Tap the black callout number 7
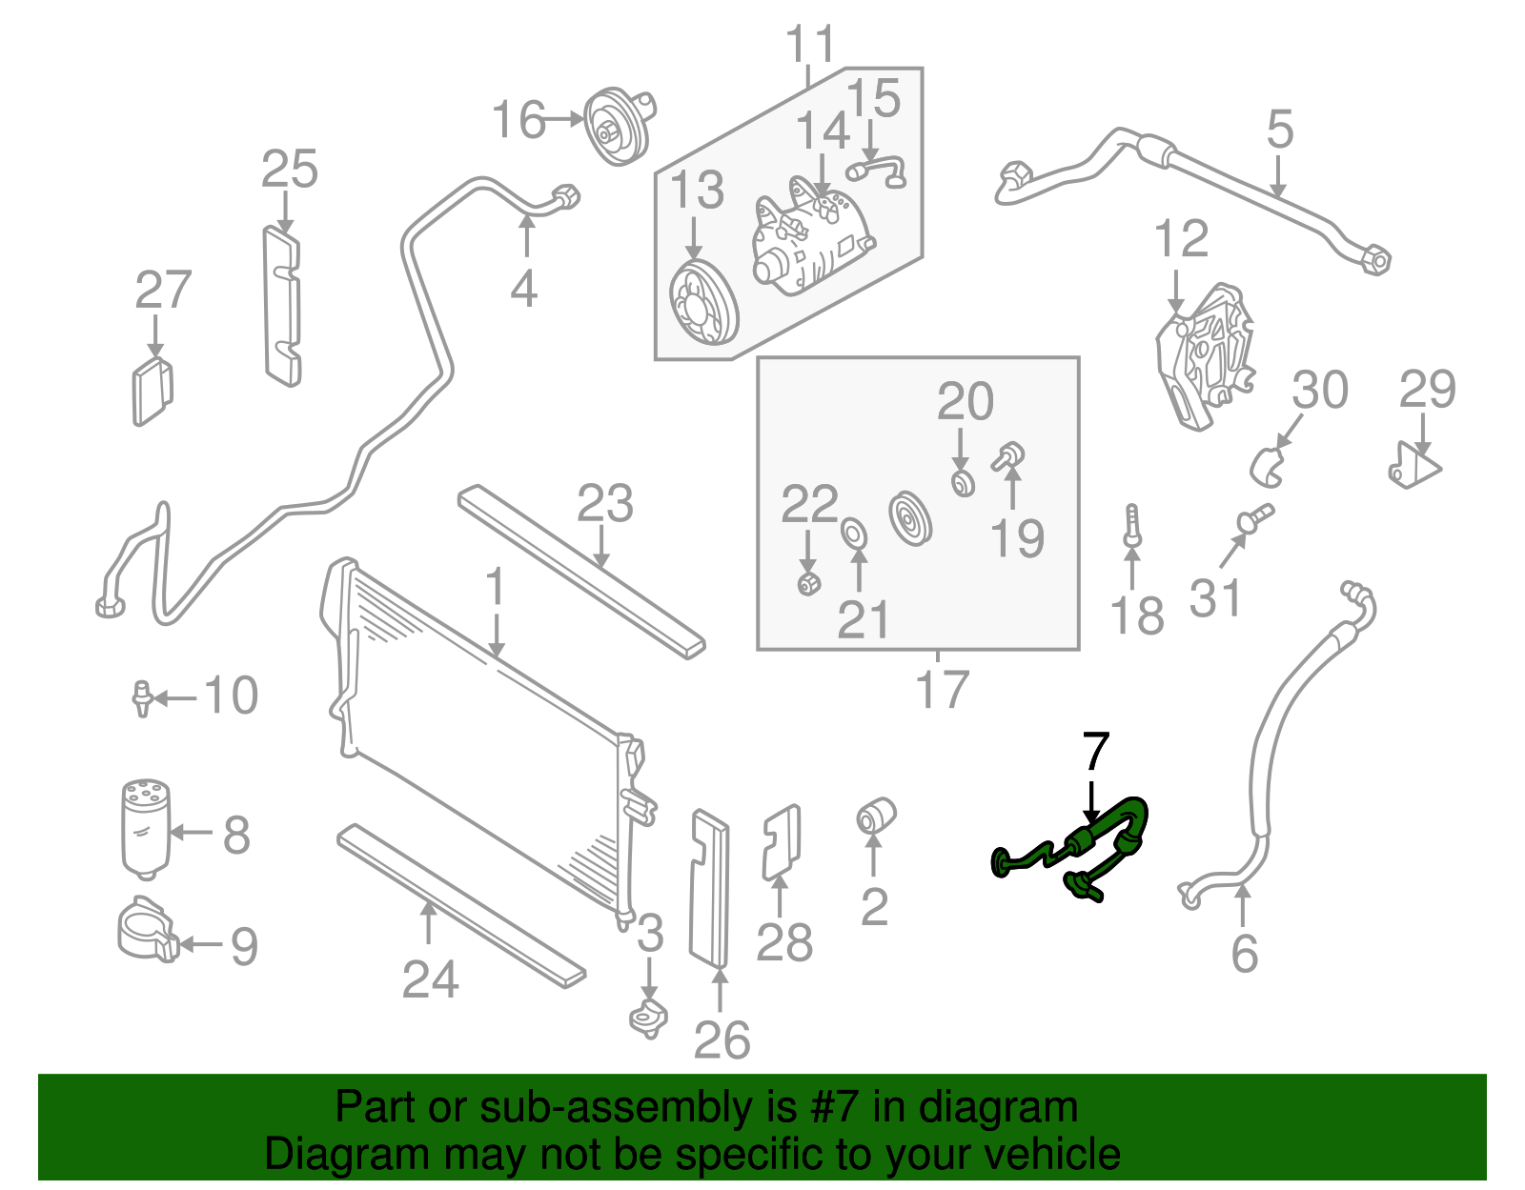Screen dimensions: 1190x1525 tap(1096, 753)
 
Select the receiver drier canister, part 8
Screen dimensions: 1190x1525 tap(146, 829)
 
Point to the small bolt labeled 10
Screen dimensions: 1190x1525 tap(142, 697)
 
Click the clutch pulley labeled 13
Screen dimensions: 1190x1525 tap(702, 305)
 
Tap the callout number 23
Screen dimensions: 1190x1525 tap(604, 504)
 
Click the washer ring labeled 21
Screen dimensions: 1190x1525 tap(855, 534)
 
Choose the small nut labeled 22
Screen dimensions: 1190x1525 tap(808, 582)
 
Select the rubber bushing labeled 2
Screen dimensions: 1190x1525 tap(874, 816)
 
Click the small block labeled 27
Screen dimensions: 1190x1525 tap(151, 391)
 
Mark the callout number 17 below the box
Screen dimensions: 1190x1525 tap(941, 689)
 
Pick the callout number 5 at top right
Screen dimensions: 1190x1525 tap(1279, 130)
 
